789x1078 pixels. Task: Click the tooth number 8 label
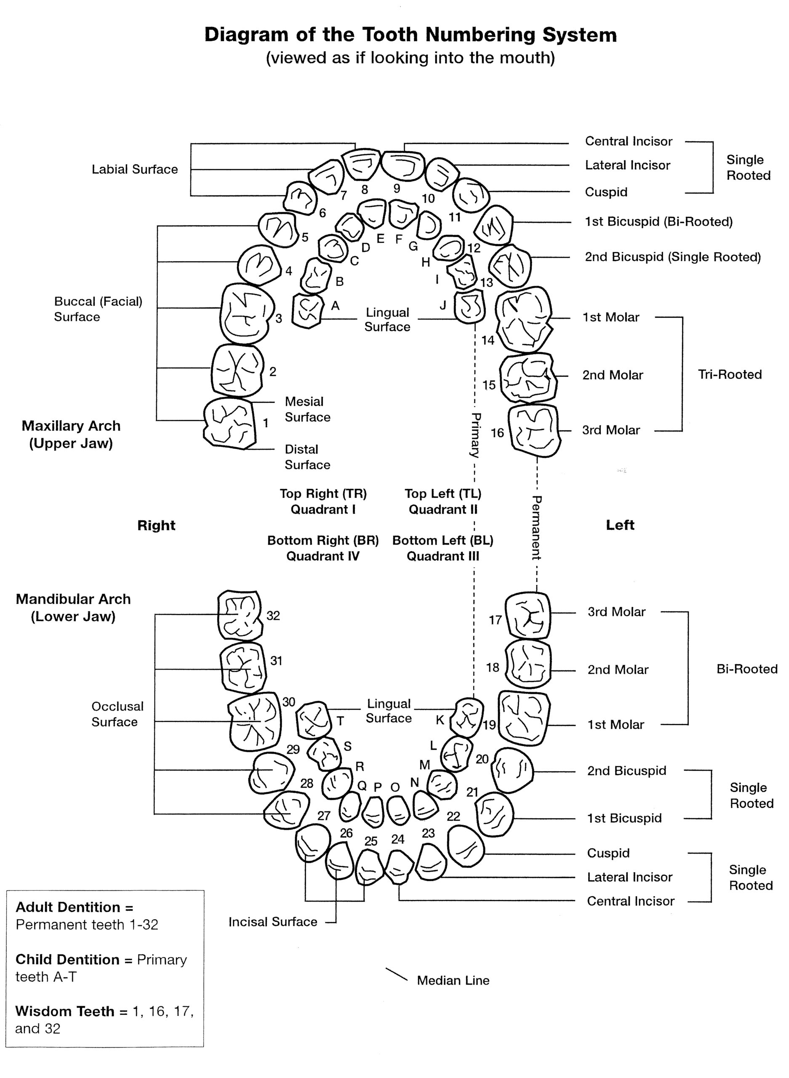pos(365,189)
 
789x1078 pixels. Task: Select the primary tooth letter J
pos(443,305)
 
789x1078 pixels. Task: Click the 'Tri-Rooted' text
pos(729,374)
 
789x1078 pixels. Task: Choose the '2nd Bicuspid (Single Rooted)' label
pos(672,257)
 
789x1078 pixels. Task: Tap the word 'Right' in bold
pos(156,526)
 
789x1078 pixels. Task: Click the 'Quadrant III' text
pos(443,556)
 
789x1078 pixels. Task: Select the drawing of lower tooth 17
pos(528,615)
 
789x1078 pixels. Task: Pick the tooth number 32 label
pos(273,616)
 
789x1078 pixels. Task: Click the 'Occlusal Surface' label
pos(117,714)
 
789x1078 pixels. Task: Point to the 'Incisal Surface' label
pos(273,922)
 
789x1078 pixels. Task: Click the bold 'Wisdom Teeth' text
pos(64,1011)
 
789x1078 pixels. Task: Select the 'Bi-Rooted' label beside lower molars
pos(746,669)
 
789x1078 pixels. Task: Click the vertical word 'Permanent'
pos(536,527)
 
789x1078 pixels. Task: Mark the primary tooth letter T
pos(341,721)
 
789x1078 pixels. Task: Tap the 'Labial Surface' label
pos(135,170)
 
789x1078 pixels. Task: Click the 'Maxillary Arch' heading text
pos(71,426)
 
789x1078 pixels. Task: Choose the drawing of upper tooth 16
pos(534,430)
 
